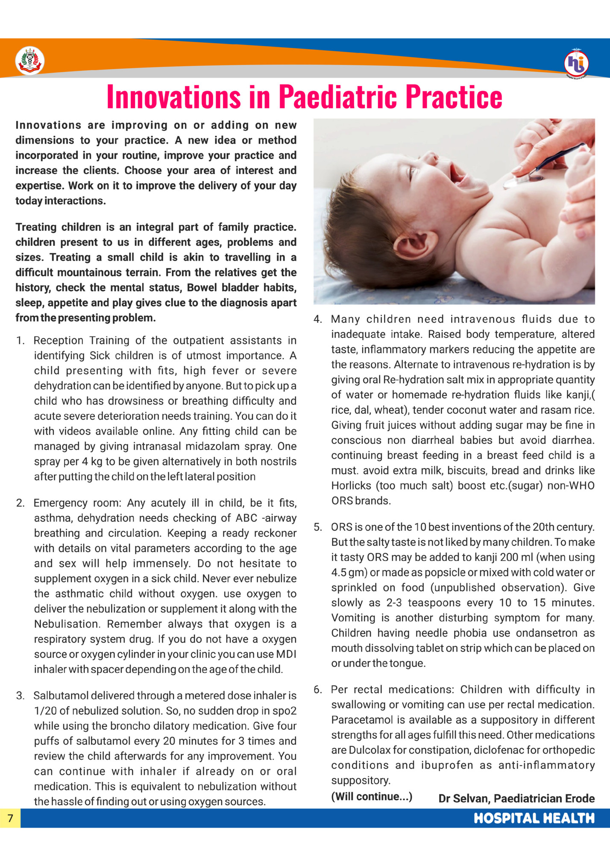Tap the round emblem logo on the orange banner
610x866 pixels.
point(29,61)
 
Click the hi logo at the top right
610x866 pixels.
point(576,63)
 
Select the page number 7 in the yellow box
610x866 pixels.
point(10,818)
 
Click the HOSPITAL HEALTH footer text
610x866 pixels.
point(534,818)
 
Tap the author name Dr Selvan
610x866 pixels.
point(463,798)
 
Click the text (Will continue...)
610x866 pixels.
point(372,796)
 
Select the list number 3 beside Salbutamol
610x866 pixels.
point(20,696)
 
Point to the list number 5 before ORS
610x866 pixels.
point(318,527)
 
